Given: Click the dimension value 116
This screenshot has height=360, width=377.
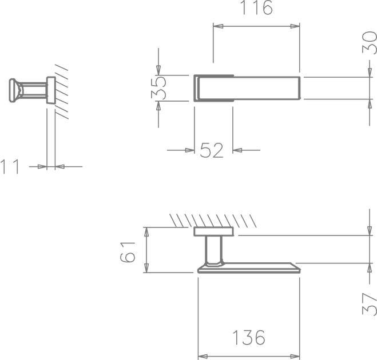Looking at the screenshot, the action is tap(256, 7).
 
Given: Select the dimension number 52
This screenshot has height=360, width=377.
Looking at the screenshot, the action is tap(212, 150).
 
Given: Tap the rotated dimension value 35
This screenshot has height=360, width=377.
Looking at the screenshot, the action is tap(158, 88).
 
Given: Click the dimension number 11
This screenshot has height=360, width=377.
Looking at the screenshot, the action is tap(10, 166).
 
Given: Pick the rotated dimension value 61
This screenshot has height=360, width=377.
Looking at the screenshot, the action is tap(128, 252).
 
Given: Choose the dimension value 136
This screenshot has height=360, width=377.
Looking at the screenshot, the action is tap(249, 337).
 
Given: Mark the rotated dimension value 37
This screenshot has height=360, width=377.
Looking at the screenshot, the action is tap(370, 304).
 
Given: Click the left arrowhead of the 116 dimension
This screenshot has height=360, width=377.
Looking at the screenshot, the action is tap(218, 26).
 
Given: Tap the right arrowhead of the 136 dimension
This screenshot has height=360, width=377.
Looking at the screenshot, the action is tap(295, 357).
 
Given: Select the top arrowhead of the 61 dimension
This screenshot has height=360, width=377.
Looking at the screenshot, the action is tap(146, 232).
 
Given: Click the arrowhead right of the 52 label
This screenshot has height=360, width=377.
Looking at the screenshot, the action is tap(237, 150).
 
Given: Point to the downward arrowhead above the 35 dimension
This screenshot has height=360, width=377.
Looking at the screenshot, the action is tap(158, 70).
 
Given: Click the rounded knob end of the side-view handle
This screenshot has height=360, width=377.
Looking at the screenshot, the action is tap(13, 90).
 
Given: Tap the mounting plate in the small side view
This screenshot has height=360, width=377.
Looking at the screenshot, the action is tap(51, 90).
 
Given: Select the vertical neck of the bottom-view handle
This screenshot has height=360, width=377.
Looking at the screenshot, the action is tap(213, 250).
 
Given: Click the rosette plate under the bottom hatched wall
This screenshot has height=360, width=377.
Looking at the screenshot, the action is tap(214, 231).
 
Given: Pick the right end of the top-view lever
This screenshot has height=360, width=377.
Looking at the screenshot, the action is tap(300, 88).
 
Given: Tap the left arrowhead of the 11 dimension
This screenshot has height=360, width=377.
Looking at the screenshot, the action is tap(42, 166).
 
